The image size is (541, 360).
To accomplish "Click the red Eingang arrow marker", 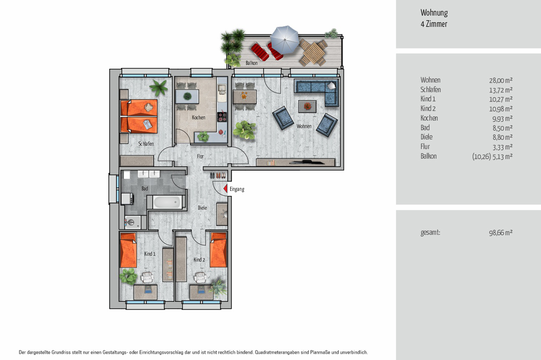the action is tap(225, 189).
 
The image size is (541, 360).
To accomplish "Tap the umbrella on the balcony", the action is tap(285, 40).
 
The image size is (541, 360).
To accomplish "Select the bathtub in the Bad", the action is tap(167, 202).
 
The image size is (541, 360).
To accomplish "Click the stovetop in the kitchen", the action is tap(222, 117).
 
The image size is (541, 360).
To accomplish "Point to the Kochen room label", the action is tap(198, 117).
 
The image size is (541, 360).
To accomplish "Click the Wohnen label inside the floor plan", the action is tap(304, 126).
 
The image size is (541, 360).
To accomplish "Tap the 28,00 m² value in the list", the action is tap(501, 80).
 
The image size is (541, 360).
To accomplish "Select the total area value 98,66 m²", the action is tap(501, 232).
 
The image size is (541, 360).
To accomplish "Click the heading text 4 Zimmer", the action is tap(434, 24).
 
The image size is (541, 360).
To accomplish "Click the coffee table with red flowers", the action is tap(307, 106).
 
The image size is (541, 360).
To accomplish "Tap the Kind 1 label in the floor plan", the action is tap(150, 254).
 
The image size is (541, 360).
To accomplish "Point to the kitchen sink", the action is tap(221, 89).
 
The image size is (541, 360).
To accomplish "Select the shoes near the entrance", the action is tap(218, 175).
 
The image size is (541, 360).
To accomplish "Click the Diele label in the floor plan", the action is tap(203, 207).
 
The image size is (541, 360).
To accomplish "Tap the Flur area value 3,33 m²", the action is tap(502, 147).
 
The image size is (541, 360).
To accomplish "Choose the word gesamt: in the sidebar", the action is tap(430, 232).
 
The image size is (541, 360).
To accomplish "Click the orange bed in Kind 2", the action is tap(218, 250).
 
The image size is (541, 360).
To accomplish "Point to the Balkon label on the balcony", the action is tap(251, 63).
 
